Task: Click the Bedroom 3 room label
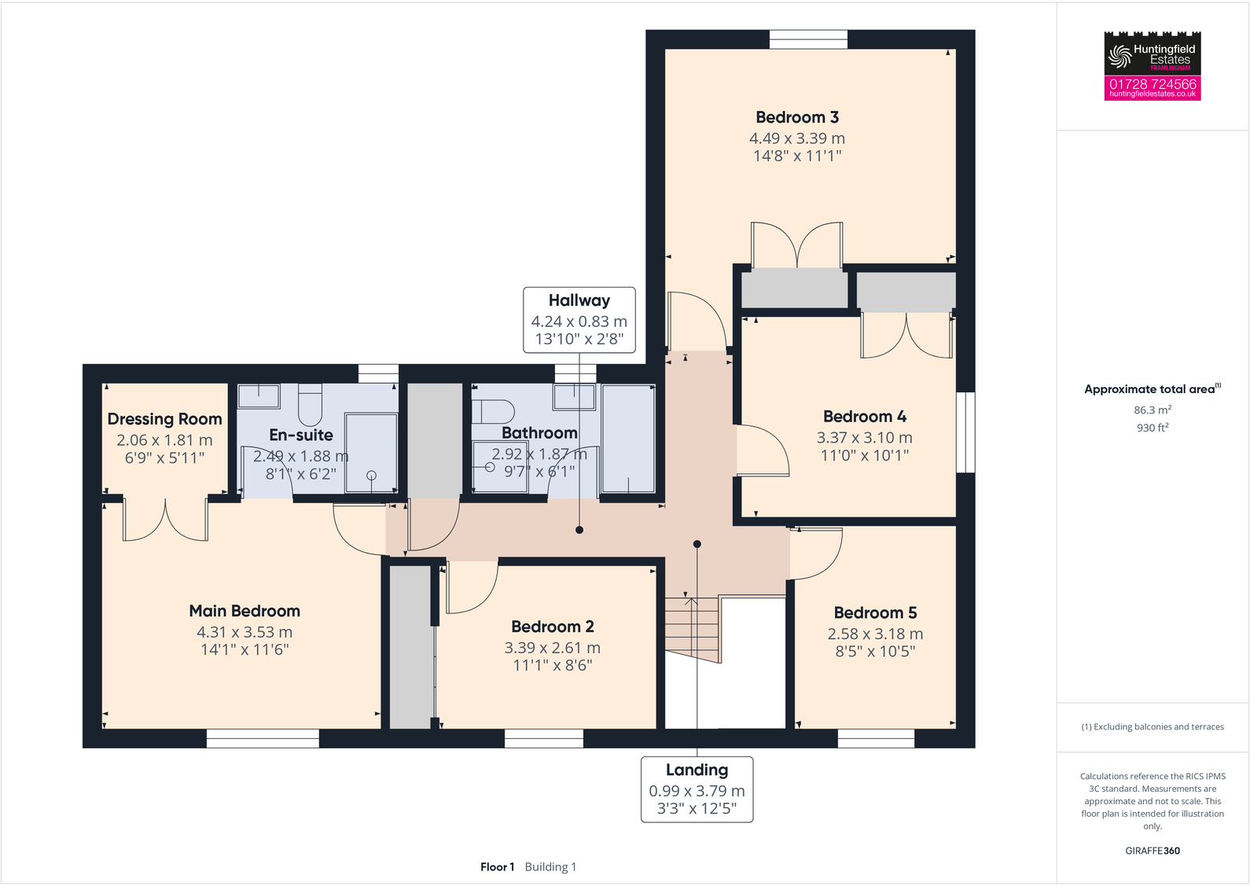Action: [797, 117]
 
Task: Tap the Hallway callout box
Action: [579, 319]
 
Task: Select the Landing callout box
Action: [697, 789]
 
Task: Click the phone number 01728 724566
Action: [1153, 83]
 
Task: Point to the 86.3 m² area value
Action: [1152, 410]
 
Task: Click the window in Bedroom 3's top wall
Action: [808, 39]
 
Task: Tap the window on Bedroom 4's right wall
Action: [965, 432]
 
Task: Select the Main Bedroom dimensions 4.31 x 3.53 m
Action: [244, 632]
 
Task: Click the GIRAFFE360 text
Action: [1152, 851]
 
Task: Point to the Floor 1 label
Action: [497, 866]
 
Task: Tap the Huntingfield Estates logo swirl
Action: [1119, 56]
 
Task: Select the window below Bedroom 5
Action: [876, 738]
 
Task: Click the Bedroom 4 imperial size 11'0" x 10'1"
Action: [864, 455]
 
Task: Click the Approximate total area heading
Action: [1150, 389]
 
